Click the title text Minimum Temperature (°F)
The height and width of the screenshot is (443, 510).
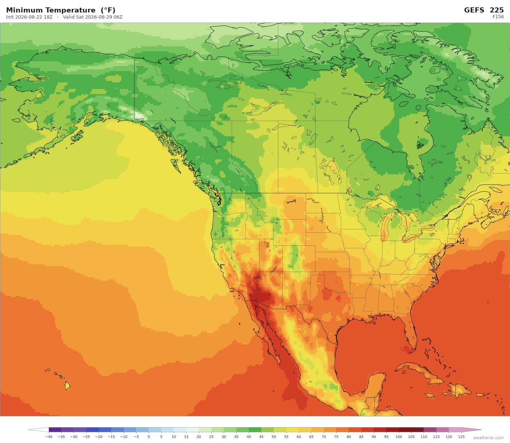coord(60,10)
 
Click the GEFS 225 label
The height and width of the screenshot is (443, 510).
coord(484,10)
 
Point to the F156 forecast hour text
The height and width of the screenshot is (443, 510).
coord(498,17)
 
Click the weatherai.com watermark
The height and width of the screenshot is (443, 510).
coord(488,438)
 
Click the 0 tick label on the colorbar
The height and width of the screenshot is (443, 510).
coord(149,437)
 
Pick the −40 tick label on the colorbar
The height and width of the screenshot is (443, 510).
coord(48,437)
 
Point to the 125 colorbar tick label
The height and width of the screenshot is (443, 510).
coord(461,437)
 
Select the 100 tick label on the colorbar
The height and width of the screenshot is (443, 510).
coord(399,437)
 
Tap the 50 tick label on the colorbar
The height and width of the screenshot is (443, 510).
coord(274,437)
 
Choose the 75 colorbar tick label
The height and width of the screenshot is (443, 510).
coord(336,437)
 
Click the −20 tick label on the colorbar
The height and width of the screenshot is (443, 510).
coord(99,437)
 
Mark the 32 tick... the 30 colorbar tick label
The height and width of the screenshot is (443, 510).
coord(224,437)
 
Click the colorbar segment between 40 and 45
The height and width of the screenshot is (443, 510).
coord(255,430)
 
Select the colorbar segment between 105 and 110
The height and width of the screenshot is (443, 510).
coord(417,430)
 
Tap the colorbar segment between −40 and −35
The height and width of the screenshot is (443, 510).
coord(55,430)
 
